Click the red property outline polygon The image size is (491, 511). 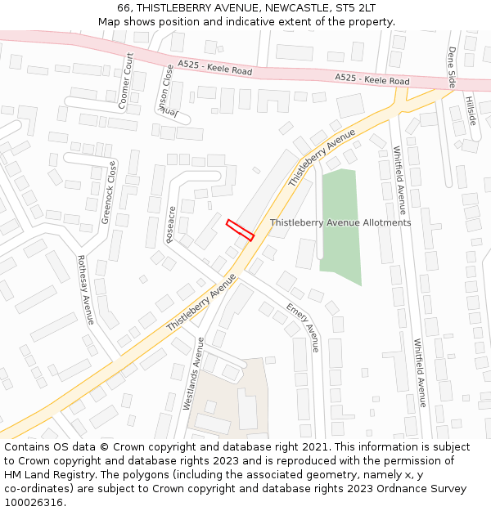240,230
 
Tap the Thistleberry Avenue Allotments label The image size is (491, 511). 340,222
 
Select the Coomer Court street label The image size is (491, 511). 125,81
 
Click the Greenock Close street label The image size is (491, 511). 109,193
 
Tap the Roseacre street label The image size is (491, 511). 171,224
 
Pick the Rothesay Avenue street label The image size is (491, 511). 86,289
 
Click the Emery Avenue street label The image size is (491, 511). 303,326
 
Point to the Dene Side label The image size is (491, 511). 451,67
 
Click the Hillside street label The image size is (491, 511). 471,110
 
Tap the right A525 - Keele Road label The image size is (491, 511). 372,80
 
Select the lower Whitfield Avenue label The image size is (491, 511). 420,372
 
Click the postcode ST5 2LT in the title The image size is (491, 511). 351,7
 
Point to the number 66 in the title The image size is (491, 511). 124,7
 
